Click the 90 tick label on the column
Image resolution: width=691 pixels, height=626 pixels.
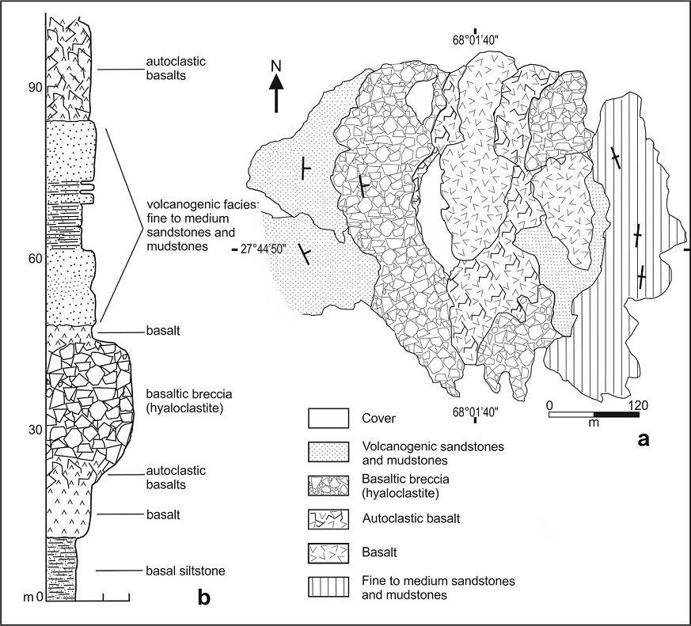coord(32,88)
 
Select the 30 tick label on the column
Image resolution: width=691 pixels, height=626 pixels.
coord(32,430)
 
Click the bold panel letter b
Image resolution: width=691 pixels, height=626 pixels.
coord(203,598)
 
